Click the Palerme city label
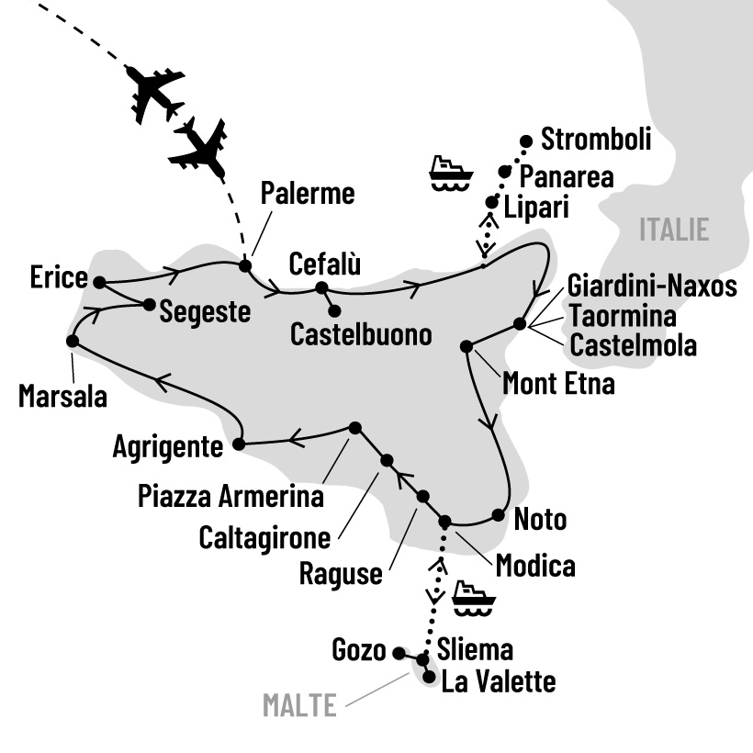pos(307,195)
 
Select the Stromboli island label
pos(596,140)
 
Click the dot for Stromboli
pos(526,141)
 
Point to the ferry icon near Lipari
pos(450,173)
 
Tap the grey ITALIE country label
pos(675,229)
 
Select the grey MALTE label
pos(298,705)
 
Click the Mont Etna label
pos(558,383)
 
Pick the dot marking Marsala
pos(72,341)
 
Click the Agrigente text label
pos(168,448)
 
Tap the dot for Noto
pos(499,515)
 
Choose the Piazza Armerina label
pos(230,497)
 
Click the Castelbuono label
pos(361,335)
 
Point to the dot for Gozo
pos(399,653)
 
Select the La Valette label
pos(499,682)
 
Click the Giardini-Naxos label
pos(652,287)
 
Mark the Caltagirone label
pos(265,536)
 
